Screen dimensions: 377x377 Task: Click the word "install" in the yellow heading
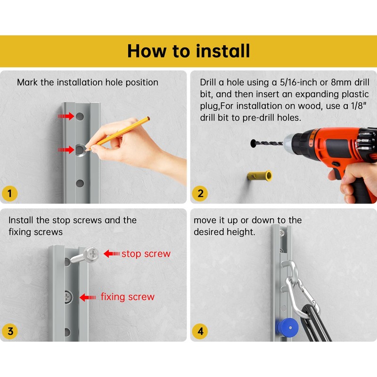pos(223,51)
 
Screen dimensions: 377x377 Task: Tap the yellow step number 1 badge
pos(9,194)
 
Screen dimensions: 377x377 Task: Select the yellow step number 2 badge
pos(200,194)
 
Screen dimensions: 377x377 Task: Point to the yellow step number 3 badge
pos(9,331)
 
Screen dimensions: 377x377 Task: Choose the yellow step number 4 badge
pos(200,331)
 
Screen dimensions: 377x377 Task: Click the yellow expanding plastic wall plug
pos(260,176)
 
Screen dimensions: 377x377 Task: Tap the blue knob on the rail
pos(288,328)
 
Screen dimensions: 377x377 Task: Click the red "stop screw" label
pos(146,254)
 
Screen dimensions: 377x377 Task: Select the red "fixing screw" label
pos(127,297)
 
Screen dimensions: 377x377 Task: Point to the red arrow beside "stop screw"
pos(112,254)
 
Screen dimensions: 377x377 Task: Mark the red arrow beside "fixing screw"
pos(88,297)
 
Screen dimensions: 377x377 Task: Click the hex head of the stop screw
pos(91,254)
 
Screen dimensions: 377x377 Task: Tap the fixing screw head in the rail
pos(68,297)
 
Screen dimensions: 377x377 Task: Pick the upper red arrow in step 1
pos(66,116)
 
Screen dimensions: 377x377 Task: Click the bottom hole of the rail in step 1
pos(80,183)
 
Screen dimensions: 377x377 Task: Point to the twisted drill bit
pos(267,143)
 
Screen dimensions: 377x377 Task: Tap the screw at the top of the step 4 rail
pos(282,232)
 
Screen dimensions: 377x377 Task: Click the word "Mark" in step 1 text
pos(27,82)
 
